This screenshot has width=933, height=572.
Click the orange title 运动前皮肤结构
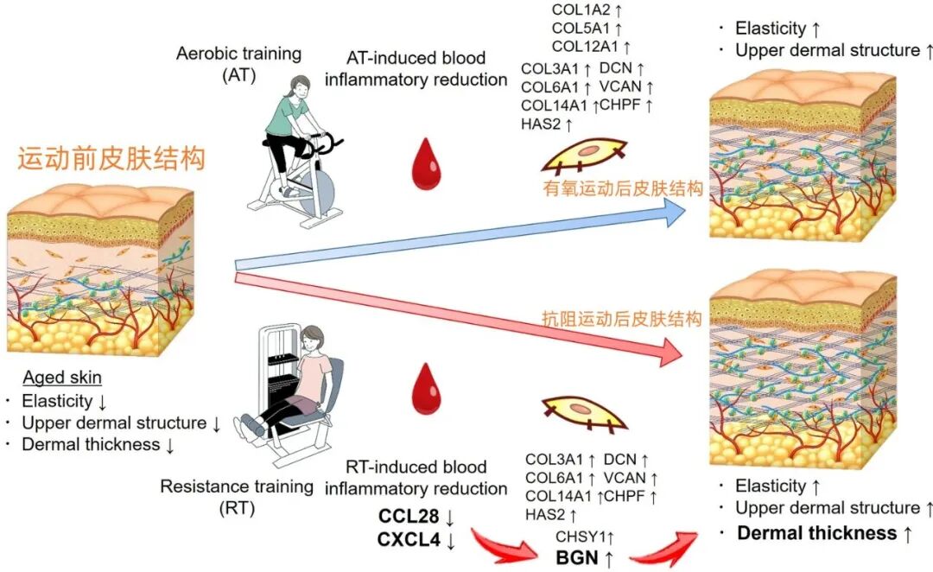click(111, 161)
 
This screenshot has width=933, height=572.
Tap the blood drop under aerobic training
click(424, 163)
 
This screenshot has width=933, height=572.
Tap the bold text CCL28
click(409, 517)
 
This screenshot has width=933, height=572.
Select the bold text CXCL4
click(409, 541)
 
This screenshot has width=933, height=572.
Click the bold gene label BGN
click(577, 557)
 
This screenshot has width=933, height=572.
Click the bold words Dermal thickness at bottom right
click(816, 533)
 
